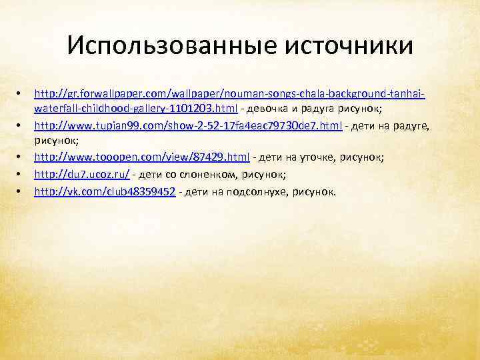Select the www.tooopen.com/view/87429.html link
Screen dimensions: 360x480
[142, 157]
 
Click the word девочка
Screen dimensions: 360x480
[279, 108]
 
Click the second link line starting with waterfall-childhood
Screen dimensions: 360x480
[133, 108]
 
